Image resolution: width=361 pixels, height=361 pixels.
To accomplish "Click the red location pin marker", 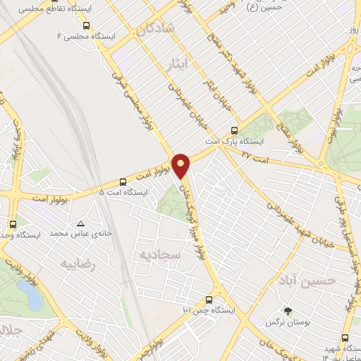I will [181, 165].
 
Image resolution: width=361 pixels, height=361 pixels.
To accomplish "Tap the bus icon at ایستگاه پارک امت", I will [235, 130].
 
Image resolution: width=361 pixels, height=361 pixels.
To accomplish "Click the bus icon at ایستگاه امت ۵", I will [123, 181].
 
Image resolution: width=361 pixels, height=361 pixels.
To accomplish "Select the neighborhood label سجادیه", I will [159, 253].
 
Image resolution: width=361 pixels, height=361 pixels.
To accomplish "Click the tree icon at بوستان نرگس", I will [287, 310].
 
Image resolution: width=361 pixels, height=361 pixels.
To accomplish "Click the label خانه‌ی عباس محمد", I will [62, 233].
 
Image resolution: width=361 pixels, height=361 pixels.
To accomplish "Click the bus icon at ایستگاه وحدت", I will [13, 224].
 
